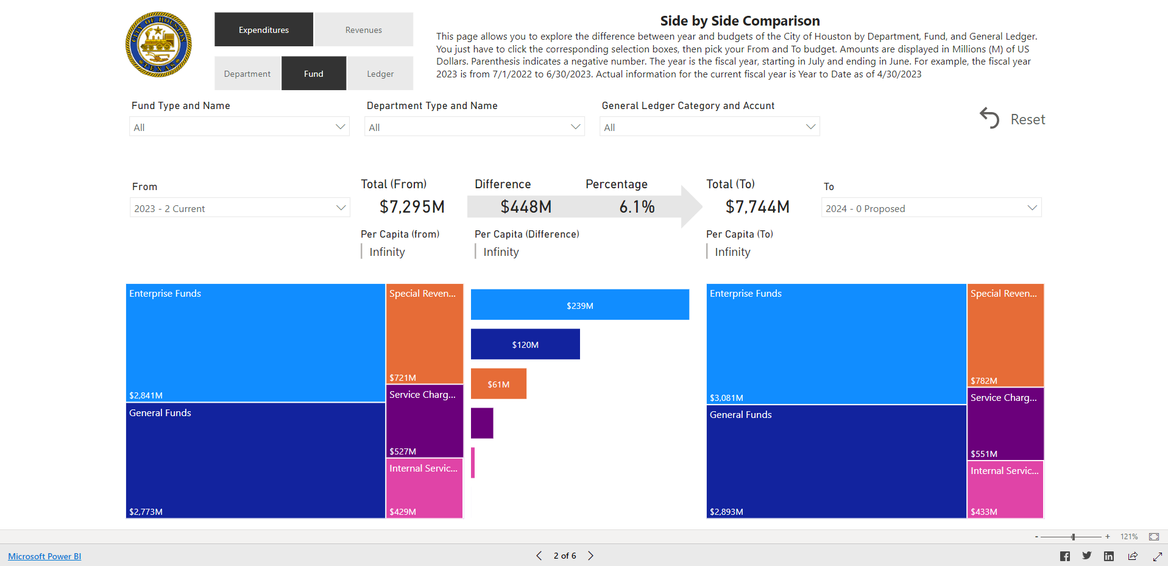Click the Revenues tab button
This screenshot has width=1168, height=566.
[x=363, y=30]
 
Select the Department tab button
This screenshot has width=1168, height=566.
[x=247, y=74]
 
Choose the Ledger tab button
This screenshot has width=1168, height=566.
[x=380, y=74]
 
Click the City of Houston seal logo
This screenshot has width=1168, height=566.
[x=158, y=44]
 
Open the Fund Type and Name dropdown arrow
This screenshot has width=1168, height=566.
[x=340, y=127]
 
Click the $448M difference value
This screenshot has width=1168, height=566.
[x=526, y=207]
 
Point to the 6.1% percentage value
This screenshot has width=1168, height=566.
[x=637, y=207]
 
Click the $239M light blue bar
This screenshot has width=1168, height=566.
[x=579, y=305]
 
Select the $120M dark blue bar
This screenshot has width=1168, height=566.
[x=525, y=344]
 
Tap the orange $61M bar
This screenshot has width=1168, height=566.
[x=498, y=384]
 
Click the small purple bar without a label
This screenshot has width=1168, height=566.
[x=482, y=423]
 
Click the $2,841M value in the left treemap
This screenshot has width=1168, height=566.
[x=146, y=395]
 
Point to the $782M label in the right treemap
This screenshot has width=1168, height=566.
[x=983, y=381]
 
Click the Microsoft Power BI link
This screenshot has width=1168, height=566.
[x=44, y=556]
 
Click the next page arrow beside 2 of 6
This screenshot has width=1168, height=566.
[x=590, y=556]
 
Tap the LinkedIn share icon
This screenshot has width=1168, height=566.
[x=1109, y=556]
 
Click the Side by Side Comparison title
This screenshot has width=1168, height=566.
[x=740, y=21]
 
